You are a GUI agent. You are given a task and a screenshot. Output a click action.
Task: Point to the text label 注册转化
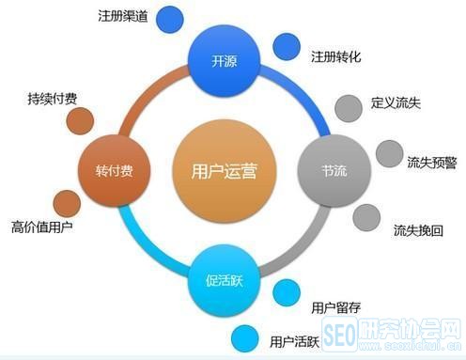[335, 56]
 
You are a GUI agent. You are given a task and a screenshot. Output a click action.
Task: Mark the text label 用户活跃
[292, 340]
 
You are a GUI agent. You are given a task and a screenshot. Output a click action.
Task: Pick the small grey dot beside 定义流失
[349, 105]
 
